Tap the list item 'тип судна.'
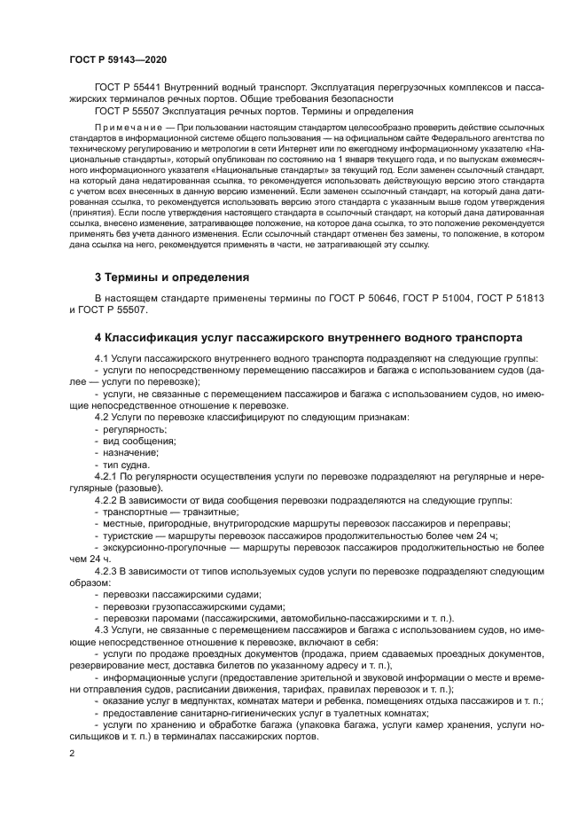[127, 465]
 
